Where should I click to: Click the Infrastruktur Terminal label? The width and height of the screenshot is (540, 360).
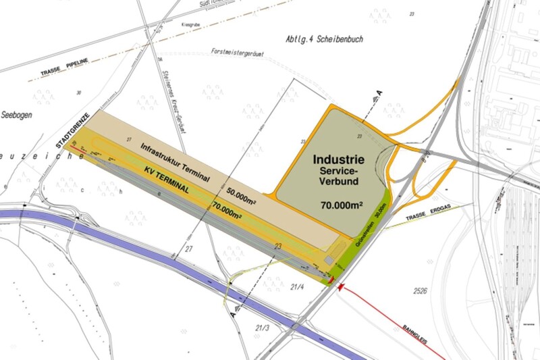coord(175,161)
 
